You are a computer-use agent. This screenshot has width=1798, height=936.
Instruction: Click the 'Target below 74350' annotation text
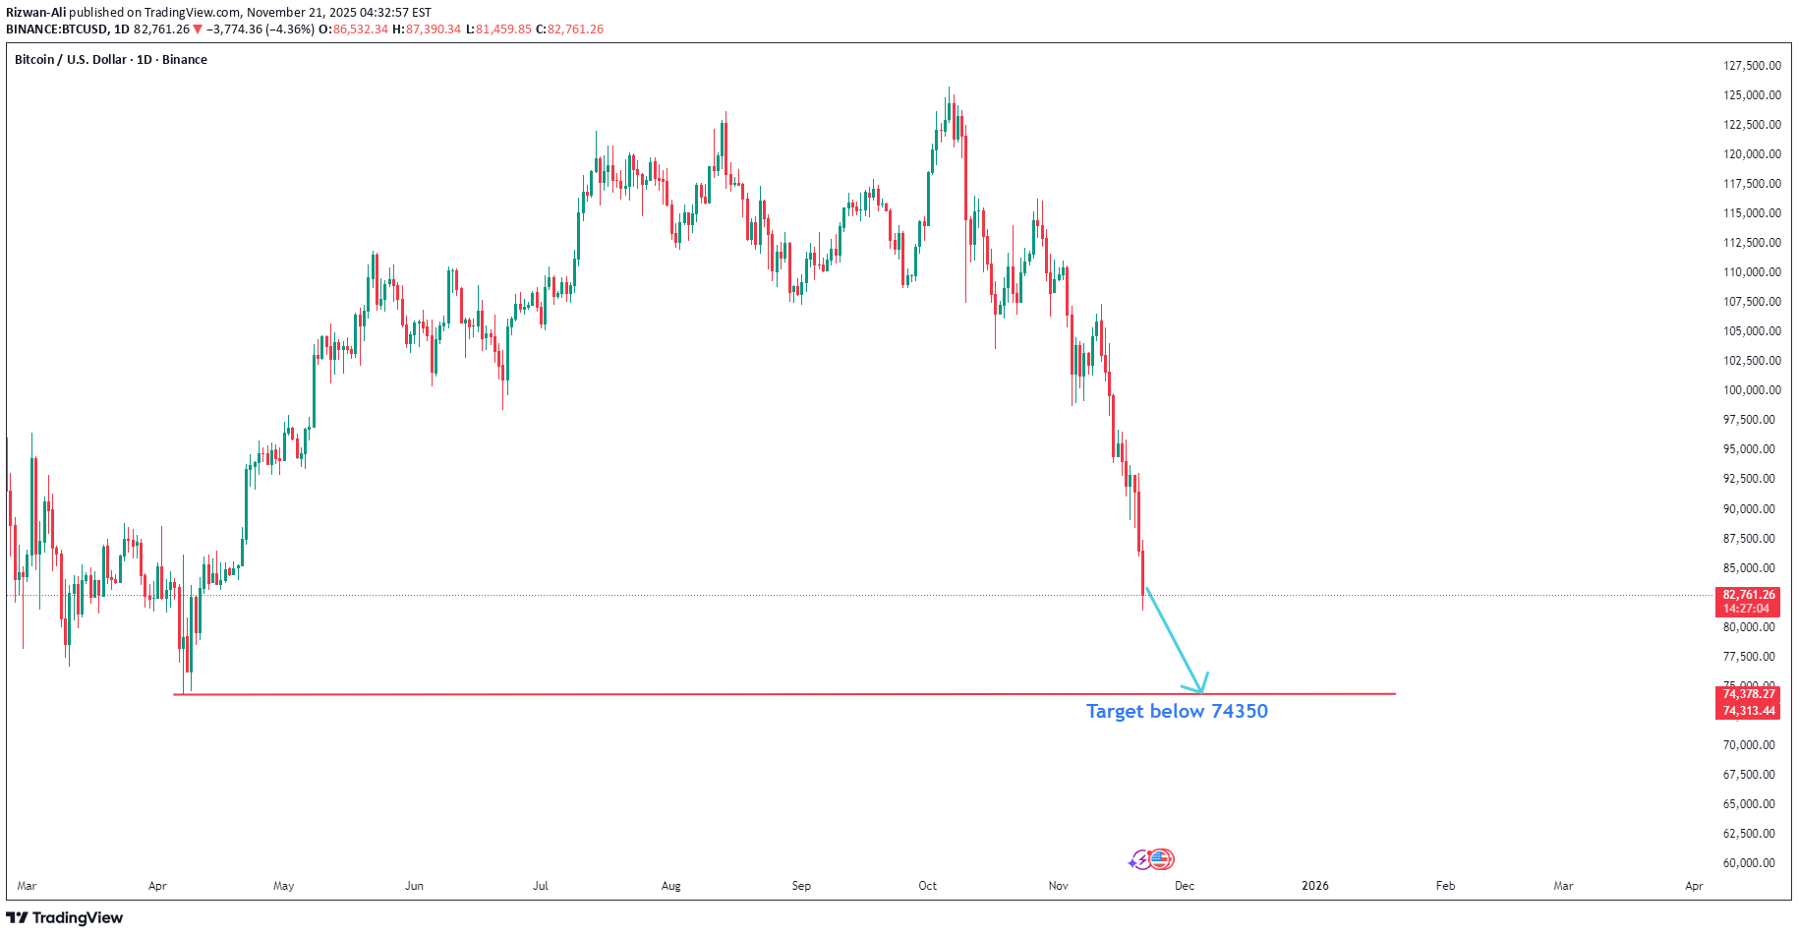[1177, 711]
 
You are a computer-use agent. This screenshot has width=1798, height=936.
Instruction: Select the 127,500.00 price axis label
[1752, 66]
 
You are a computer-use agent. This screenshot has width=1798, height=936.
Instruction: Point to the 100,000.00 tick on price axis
[1752, 390]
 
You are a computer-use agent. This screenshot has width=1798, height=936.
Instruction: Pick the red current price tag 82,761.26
[1749, 595]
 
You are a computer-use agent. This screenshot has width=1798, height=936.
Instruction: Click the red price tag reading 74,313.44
[1749, 711]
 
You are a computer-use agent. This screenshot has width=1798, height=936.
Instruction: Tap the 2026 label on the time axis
[1314, 886]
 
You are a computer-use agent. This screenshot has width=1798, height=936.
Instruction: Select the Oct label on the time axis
[927, 886]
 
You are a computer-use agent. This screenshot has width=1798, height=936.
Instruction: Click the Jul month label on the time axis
[541, 886]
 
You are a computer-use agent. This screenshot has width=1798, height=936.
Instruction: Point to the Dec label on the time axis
[1185, 886]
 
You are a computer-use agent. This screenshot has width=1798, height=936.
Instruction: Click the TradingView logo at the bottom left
[65, 918]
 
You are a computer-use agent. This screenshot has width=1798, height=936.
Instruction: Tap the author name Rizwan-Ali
[36, 13]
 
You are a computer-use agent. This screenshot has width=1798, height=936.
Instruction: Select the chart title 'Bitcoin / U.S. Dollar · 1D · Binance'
[111, 60]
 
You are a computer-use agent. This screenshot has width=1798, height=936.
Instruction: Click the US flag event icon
[1162, 859]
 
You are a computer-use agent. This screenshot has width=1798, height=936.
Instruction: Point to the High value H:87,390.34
[427, 29]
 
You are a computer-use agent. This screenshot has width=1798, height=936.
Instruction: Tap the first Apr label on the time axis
[157, 886]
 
